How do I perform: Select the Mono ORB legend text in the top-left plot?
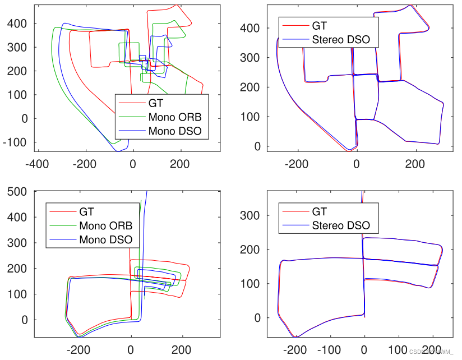pyautogui.click(x=174, y=118)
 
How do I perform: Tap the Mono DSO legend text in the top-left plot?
pyautogui.click(x=174, y=132)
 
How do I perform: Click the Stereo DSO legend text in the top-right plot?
pyautogui.click(x=340, y=39)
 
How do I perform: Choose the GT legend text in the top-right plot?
pyautogui.click(x=320, y=25)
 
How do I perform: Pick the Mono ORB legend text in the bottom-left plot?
pyautogui.click(x=106, y=226)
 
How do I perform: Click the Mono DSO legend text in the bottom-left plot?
pyautogui.click(x=106, y=240)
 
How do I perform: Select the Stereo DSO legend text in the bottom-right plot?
pyautogui.click(x=340, y=225)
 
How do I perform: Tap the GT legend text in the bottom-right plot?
pyautogui.click(x=320, y=211)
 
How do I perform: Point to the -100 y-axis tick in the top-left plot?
pyautogui.click(x=16, y=142)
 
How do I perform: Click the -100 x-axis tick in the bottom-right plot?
pyautogui.click(x=329, y=350)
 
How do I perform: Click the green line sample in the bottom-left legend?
pyautogui.click(x=62, y=226)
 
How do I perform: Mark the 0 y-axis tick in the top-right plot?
pyautogui.click(x=258, y=146)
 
